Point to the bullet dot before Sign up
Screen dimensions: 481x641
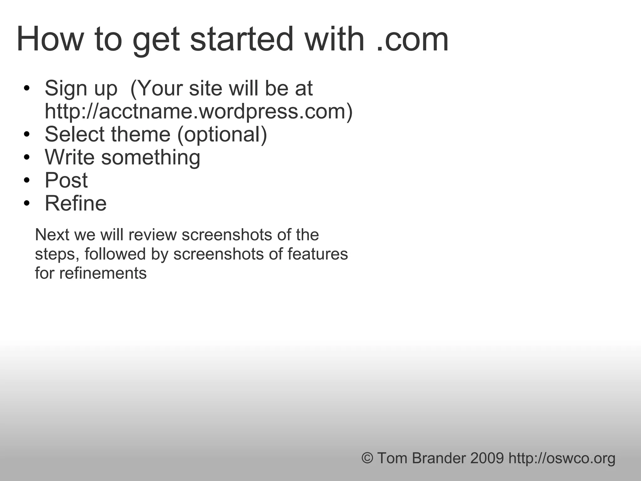click(x=27, y=88)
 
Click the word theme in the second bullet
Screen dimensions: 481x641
click(x=141, y=134)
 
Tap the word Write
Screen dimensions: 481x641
click(x=69, y=157)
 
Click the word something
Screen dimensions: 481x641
click(x=151, y=158)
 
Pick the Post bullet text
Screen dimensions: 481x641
click(x=66, y=180)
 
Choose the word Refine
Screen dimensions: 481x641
click(x=75, y=204)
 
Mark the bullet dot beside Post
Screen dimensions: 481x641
click(x=27, y=181)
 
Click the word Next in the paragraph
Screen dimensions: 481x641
click(x=52, y=235)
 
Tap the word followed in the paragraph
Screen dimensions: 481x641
click(x=115, y=254)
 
